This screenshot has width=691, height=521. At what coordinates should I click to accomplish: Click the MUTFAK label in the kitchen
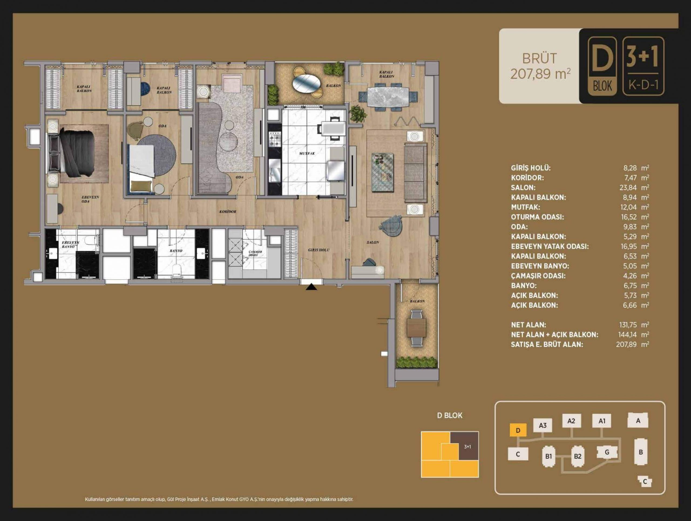click(307, 153)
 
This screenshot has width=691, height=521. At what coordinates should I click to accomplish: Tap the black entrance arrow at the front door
click(311, 287)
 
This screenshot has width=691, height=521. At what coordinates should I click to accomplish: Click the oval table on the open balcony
click(306, 83)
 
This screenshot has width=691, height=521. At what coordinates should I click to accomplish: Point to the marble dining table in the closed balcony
click(388, 97)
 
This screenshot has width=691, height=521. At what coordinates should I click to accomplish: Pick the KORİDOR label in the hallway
click(228, 211)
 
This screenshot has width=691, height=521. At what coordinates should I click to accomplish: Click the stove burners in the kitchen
click(275, 139)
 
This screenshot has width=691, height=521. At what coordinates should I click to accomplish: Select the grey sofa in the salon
click(415, 173)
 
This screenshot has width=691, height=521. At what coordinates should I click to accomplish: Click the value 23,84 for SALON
click(630, 187)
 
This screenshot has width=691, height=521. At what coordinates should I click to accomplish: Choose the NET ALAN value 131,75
click(628, 325)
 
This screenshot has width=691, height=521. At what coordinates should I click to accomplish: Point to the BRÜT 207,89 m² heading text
click(540, 66)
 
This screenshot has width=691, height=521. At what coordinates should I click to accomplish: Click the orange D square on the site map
click(518, 430)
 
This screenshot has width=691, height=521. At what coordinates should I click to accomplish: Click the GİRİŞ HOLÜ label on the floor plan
click(319, 250)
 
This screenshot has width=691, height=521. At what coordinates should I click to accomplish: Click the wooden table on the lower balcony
click(416, 328)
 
